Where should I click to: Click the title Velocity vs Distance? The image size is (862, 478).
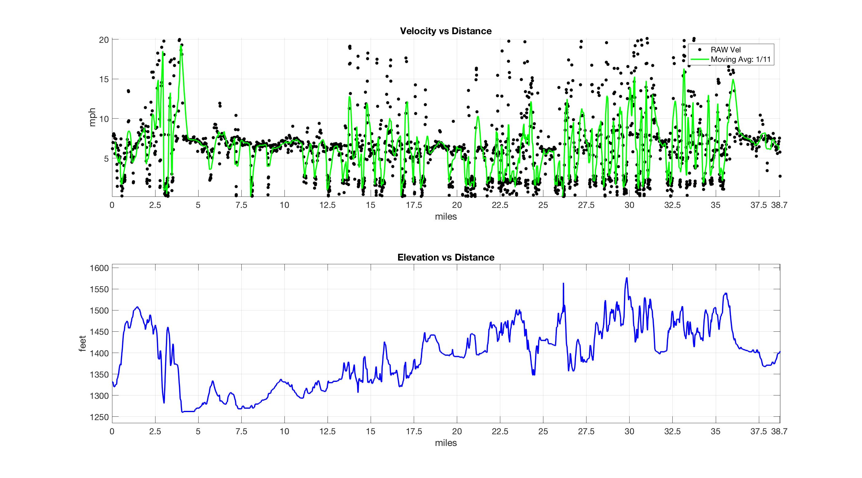coord(446,31)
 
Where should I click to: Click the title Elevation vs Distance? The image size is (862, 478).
coord(446,257)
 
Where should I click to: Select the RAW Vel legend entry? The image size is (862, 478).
coord(726,50)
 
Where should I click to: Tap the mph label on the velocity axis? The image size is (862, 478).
coord(92,117)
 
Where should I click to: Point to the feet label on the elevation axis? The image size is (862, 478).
coord(82,343)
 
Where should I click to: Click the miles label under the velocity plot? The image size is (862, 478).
coord(446,217)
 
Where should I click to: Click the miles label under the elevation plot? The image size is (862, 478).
coord(446,443)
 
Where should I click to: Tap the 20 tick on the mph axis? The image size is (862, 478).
coord(104,40)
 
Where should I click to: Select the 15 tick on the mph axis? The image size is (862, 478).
coord(104,79)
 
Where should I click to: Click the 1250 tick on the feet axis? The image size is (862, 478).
coord(99,417)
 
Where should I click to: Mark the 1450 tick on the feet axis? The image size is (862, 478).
coord(99,332)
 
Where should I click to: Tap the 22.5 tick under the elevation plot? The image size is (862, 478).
coord(500,431)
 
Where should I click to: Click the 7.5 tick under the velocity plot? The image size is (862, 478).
coord(241,205)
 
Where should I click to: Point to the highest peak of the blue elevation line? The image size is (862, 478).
coord(626,278)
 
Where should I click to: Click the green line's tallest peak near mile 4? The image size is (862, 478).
coord(181,46)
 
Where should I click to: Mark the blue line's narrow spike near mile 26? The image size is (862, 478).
coord(563,284)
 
